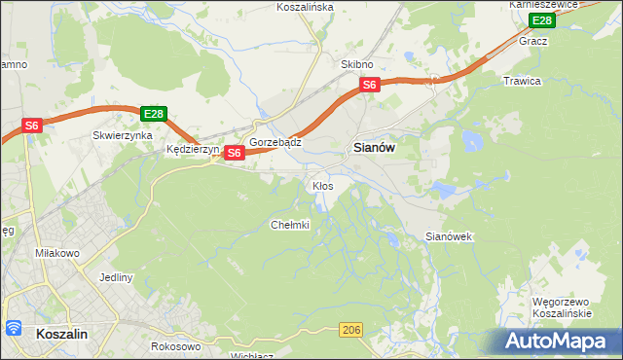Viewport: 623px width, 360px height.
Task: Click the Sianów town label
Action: [372, 149]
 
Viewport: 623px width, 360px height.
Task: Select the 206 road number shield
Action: [352, 331]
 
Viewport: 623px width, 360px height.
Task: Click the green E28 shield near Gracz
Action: [541, 21]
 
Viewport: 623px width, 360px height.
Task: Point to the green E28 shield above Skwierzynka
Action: [153, 114]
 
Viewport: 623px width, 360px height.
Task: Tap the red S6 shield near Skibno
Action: [370, 86]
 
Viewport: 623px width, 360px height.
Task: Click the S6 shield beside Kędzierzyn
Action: [234, 153]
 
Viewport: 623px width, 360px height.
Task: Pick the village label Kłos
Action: [323, 185]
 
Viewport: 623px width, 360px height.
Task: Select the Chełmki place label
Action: [289, 225]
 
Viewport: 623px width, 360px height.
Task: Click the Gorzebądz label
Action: [275, 142]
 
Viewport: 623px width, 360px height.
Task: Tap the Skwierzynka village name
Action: [123, 136]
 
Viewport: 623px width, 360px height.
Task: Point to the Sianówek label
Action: [449, 236]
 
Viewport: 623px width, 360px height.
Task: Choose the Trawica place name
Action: [522, 81]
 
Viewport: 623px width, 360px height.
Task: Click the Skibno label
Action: [357, 64]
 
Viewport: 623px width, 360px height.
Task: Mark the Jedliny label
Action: [116, 276]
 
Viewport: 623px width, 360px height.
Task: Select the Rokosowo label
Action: [176, 346]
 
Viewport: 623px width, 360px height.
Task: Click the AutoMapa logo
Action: [558, 341]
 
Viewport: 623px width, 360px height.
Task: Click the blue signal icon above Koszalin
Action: [13, 327]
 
